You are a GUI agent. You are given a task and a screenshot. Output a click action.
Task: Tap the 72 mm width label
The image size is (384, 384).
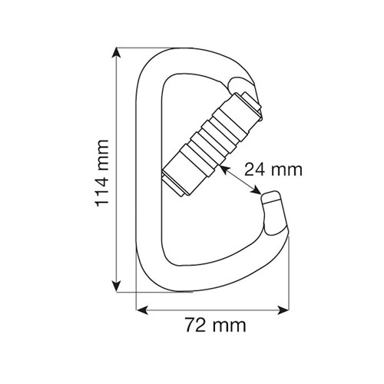(216, 325)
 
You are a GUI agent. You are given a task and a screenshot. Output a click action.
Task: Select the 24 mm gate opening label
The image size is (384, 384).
(273, 169)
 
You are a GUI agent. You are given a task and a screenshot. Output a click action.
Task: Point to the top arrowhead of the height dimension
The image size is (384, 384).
(117, 53)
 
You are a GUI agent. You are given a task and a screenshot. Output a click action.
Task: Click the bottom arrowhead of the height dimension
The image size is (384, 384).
(117, 286)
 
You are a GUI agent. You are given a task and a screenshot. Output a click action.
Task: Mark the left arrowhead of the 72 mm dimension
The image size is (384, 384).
(142, 310)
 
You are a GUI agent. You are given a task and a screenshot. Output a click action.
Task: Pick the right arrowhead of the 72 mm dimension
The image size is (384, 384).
(283, 310)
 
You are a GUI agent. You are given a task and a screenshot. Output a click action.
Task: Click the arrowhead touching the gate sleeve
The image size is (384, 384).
(224, 170)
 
